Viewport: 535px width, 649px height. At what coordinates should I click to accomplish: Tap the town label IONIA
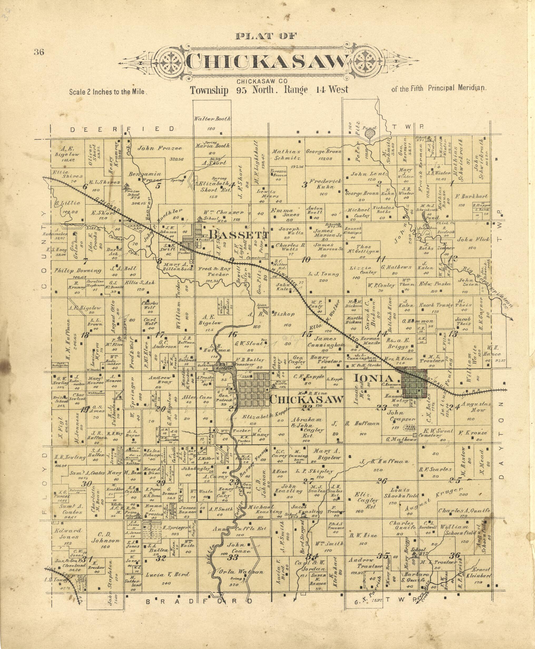click(x=373, y=378)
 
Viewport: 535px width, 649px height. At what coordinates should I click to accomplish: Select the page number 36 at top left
click(x=39, y=52)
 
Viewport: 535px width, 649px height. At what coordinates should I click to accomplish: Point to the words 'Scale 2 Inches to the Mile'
click(x=107, y=92)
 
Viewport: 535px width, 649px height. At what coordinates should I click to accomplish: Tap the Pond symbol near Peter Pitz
click(x=369, y=133)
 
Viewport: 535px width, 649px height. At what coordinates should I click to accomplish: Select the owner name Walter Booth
click(x=212, y=119)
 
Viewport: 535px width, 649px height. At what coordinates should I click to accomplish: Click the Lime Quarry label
click(x=263, y=306)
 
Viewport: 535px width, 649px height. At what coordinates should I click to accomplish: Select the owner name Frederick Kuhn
click(x=325, y=184)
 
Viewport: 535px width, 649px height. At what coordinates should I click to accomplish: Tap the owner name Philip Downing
click(x=78, y=271)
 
